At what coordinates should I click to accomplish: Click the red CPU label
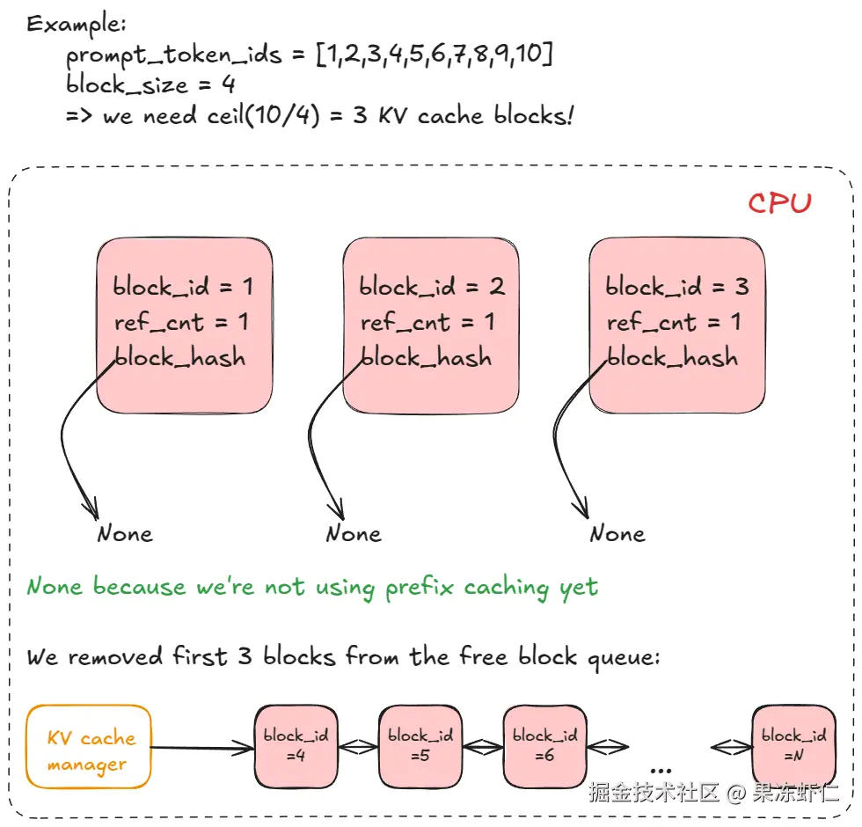click(779, 202)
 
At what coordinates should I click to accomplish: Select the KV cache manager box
click(89, 747)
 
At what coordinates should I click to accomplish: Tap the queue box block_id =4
click(296, 746)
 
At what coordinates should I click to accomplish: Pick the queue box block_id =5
click(420, 746)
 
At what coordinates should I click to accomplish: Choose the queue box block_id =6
click(544, 746)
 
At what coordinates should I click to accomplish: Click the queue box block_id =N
click(793, 746)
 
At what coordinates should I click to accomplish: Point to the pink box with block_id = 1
click(185, 326)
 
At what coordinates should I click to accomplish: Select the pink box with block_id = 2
click(431, 326)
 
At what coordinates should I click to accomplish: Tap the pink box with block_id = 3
click(677, 326)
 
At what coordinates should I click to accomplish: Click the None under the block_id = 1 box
click(125, 534)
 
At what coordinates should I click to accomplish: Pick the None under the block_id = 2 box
click(354, 534)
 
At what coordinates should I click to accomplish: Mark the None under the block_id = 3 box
click(617, 534)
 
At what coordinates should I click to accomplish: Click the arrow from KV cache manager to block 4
click(202, 747)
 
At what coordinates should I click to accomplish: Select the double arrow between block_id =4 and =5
click(359, 747)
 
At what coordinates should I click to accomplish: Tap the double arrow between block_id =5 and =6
click(483, 747)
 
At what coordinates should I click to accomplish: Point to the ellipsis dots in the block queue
click(661, 771)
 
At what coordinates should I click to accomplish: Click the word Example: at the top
click(77, 25)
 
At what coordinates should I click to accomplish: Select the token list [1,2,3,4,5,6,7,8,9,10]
click(435, 54)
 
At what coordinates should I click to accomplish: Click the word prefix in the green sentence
click(420, 588)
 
